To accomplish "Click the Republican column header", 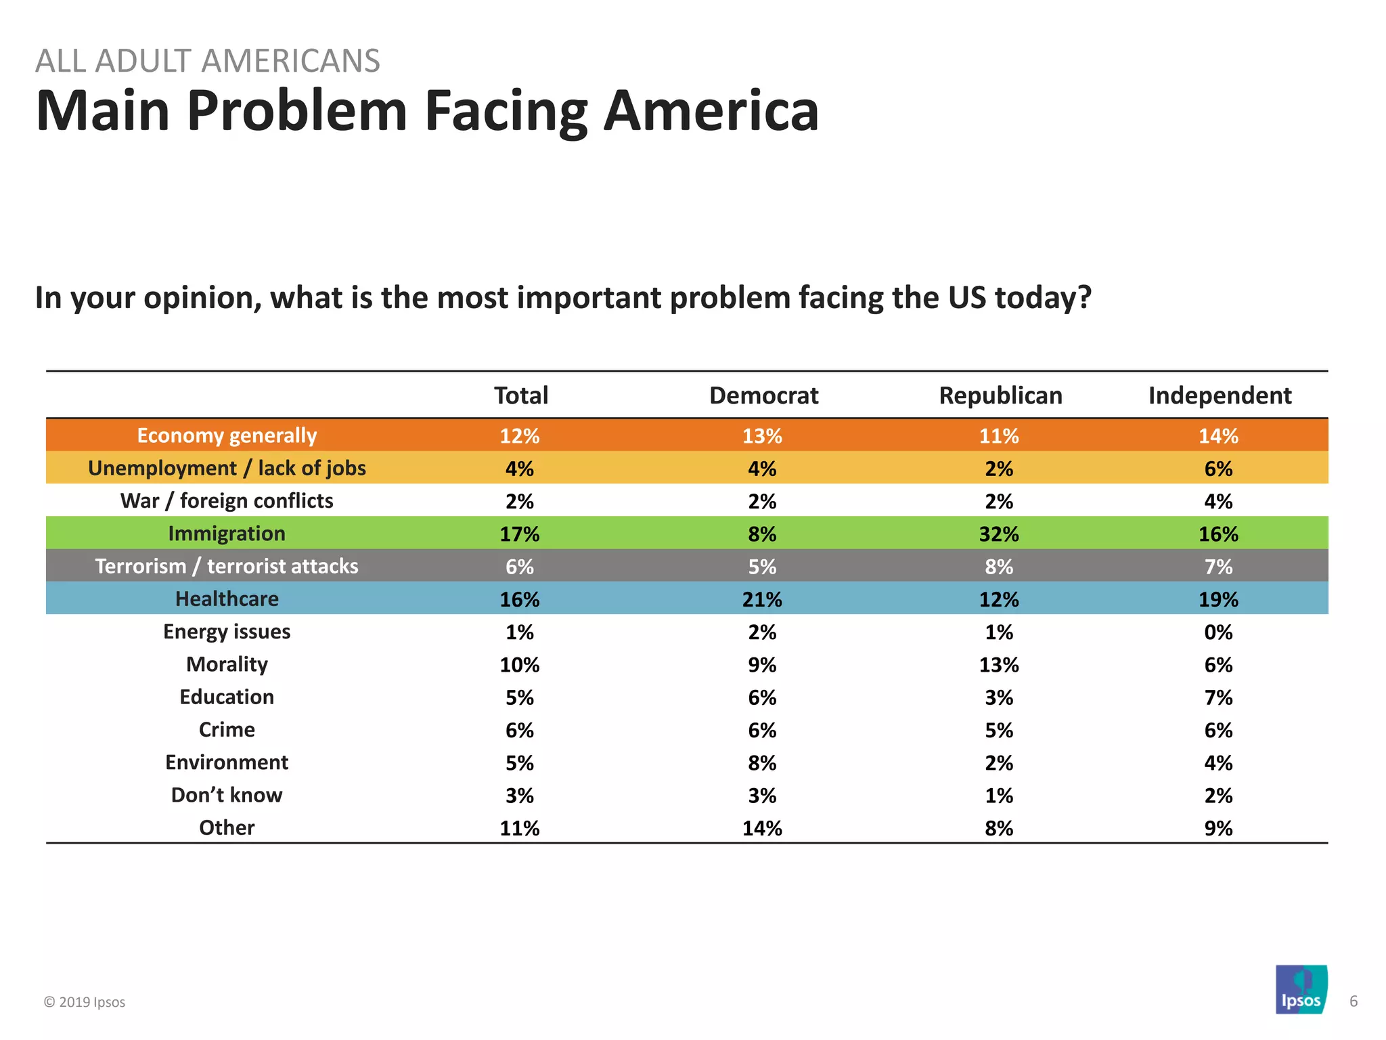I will click(x=1000, y=395).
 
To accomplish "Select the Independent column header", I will click(x=1220, y=395).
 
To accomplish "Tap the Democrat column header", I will click(x=763, y=395).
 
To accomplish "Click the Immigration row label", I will click(x=227, y=534).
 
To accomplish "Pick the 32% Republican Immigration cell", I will click(x=999, y=534).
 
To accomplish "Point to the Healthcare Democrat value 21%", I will click(x=762, y=599).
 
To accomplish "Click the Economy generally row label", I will click(x=227, y=435).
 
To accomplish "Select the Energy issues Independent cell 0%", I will click(x=1218, y=632).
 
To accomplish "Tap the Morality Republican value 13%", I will click(x=999, y=665).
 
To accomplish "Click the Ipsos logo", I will click(x=1301, y=990).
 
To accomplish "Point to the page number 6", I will click(x=1354, y=1001).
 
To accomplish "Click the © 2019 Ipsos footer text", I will click(x=85, y=1002).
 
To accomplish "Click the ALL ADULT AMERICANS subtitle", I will click(x=208, y=61).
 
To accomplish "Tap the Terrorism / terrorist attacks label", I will click(x=227, y=566).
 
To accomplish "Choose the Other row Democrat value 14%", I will click(x=762, y=828).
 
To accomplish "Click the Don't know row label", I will click(x=227, y=795).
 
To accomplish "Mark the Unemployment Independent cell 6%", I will click(x=1218, y=469).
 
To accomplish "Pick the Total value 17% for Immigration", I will click(x=520, y=534).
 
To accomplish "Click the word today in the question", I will click(x=1042, y=298).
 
